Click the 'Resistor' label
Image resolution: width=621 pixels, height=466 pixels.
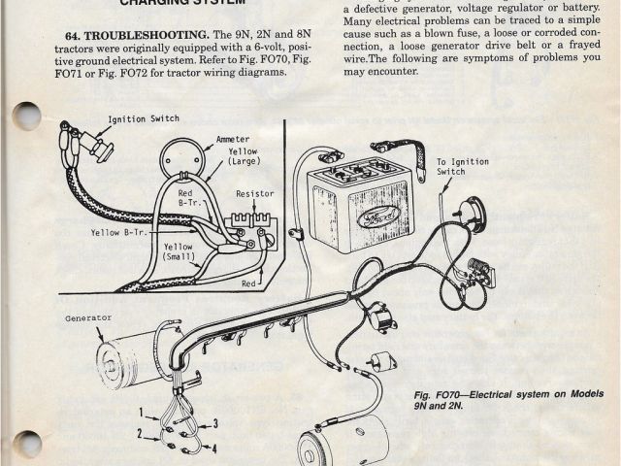254,194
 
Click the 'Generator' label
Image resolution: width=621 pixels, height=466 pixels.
88,317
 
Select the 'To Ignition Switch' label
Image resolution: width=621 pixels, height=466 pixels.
451,167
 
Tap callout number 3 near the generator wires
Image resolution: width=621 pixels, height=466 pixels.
215,423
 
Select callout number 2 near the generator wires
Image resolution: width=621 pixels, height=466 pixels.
140,433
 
